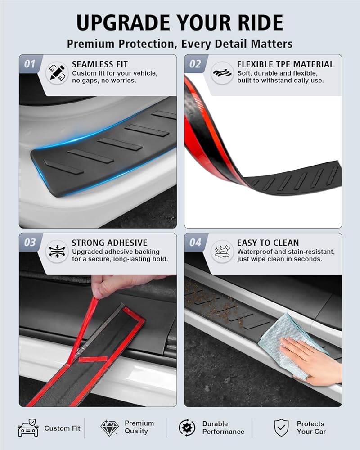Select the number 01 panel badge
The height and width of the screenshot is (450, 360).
point(30,64)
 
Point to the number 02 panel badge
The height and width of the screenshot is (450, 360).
point(195,64)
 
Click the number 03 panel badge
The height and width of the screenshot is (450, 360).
point(30,243)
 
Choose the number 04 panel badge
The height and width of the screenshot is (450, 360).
point(195,243)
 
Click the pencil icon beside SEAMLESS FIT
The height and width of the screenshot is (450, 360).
point(57,73)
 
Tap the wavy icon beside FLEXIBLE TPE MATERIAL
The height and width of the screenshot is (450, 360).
point(222,73)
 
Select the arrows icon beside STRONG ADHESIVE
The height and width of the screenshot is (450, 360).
point(57,252)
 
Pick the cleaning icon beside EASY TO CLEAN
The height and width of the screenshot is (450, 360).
point(222,252)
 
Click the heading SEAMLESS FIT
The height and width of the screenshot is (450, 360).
point(100,64)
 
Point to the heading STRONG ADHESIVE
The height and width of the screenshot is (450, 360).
point(109,243)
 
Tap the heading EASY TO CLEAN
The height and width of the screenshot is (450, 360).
point(268,243)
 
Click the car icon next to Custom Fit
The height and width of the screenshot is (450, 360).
point(28,427)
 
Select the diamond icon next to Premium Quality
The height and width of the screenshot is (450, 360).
point(109,428)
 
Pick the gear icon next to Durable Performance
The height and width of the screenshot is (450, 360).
point(187,427)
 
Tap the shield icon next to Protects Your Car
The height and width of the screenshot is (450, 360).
point(281,427)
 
